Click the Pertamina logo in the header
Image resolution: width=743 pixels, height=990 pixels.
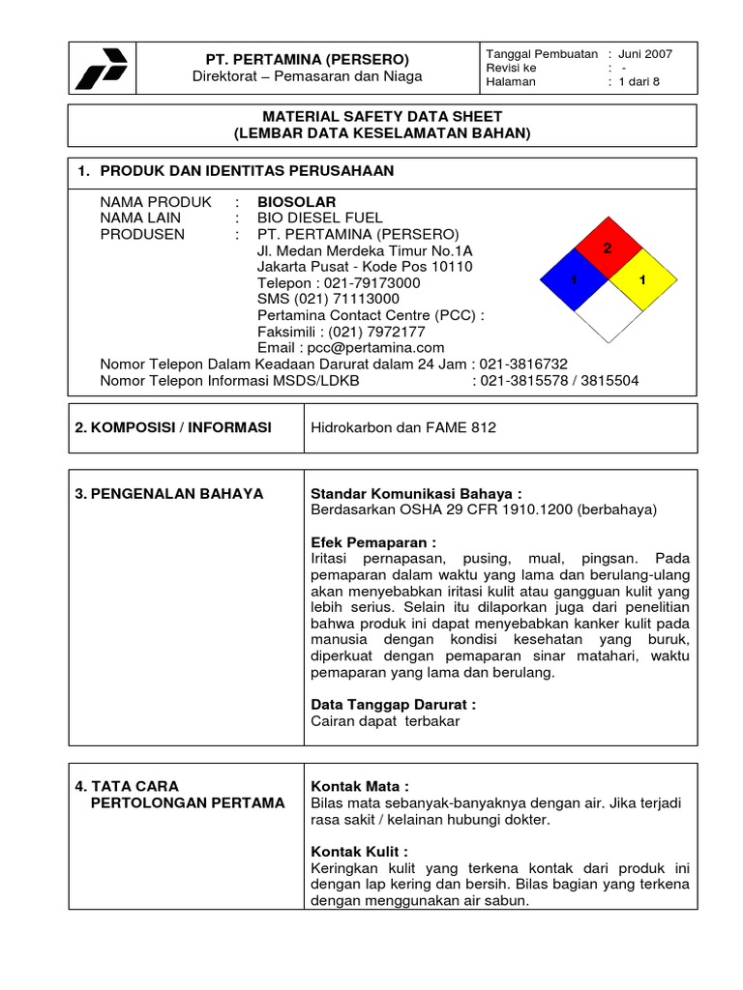point(102,69)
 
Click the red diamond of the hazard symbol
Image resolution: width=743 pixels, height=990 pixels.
point(609,250)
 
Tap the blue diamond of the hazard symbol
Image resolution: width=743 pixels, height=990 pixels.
point(574,280)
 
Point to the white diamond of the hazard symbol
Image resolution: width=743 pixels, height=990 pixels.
point(609,312)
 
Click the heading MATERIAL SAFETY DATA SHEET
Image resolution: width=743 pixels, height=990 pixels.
point(382,116)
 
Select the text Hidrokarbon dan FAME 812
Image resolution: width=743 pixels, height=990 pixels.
point(403,427)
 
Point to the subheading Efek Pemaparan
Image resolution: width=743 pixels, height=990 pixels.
point(373,541)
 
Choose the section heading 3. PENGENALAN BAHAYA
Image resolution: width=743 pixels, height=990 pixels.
point(169,493)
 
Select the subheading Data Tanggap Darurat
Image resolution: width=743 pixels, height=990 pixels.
point(393,705)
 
